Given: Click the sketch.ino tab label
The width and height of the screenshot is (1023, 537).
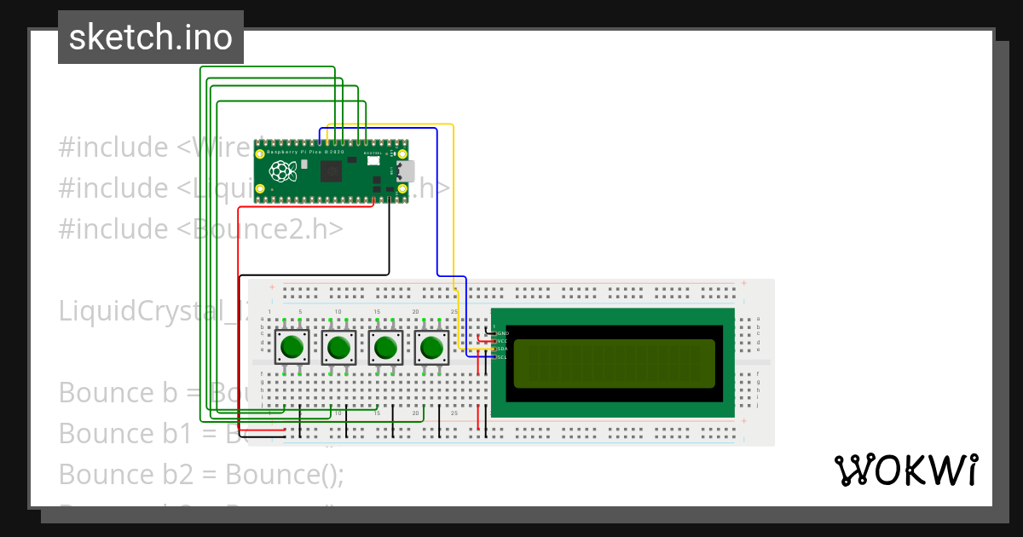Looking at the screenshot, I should tap(150, 38).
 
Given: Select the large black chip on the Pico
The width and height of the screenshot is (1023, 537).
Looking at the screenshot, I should tap(330, 172).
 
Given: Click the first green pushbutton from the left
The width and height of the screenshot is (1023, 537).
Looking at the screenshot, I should tap(292, 348).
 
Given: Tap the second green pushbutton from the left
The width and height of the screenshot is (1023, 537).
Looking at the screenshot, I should tap(339, 348).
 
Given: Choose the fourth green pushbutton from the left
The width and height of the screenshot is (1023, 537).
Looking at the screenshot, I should tap(432, 348).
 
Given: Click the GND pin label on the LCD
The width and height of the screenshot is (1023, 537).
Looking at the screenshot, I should tap(503, 333).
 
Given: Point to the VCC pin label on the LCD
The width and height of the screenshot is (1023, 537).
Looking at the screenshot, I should tap(503, 341).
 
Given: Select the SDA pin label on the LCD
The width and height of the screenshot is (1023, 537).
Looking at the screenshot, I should tap(503, 349).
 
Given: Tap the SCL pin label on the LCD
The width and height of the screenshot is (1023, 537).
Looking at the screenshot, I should tap(503, 357).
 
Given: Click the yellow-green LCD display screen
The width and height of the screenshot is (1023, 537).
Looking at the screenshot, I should tap(614, 363).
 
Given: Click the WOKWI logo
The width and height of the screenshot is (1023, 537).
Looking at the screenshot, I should tap(905, 470).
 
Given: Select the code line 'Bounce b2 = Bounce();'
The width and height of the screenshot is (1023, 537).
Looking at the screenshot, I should tap(201, 474).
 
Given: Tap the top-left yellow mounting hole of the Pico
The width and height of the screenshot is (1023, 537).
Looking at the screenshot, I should tap(260, 154).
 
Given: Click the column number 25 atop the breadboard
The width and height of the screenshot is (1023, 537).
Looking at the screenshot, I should tap(454, 313).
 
